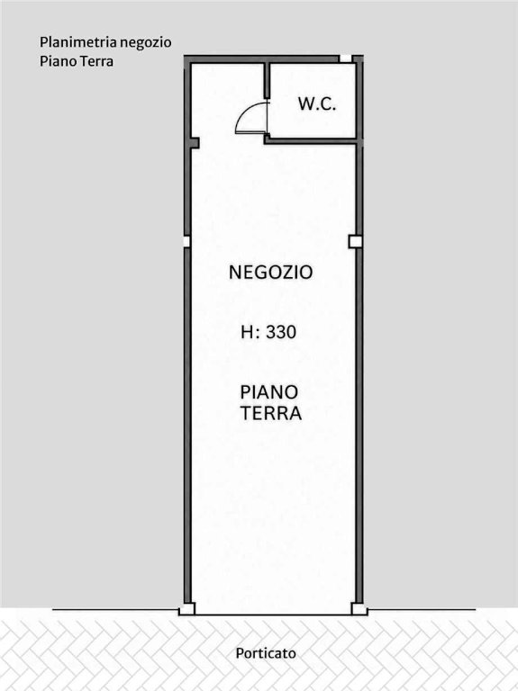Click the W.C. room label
(317, 104)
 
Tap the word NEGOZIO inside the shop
(271, 272)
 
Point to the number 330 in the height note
(281, 332)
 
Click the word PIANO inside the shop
(269, 391)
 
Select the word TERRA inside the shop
(271, 413)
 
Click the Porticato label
(266, 652)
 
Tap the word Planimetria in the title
(78, 43)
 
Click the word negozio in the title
(146, 43)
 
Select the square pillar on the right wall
(356, 241)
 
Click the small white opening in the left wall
(186, 241)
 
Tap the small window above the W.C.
(345, 58)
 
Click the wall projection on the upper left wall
(195, 143)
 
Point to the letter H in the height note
(248, 332)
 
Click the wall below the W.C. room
(314, 141)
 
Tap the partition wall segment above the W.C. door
(267, 81)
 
